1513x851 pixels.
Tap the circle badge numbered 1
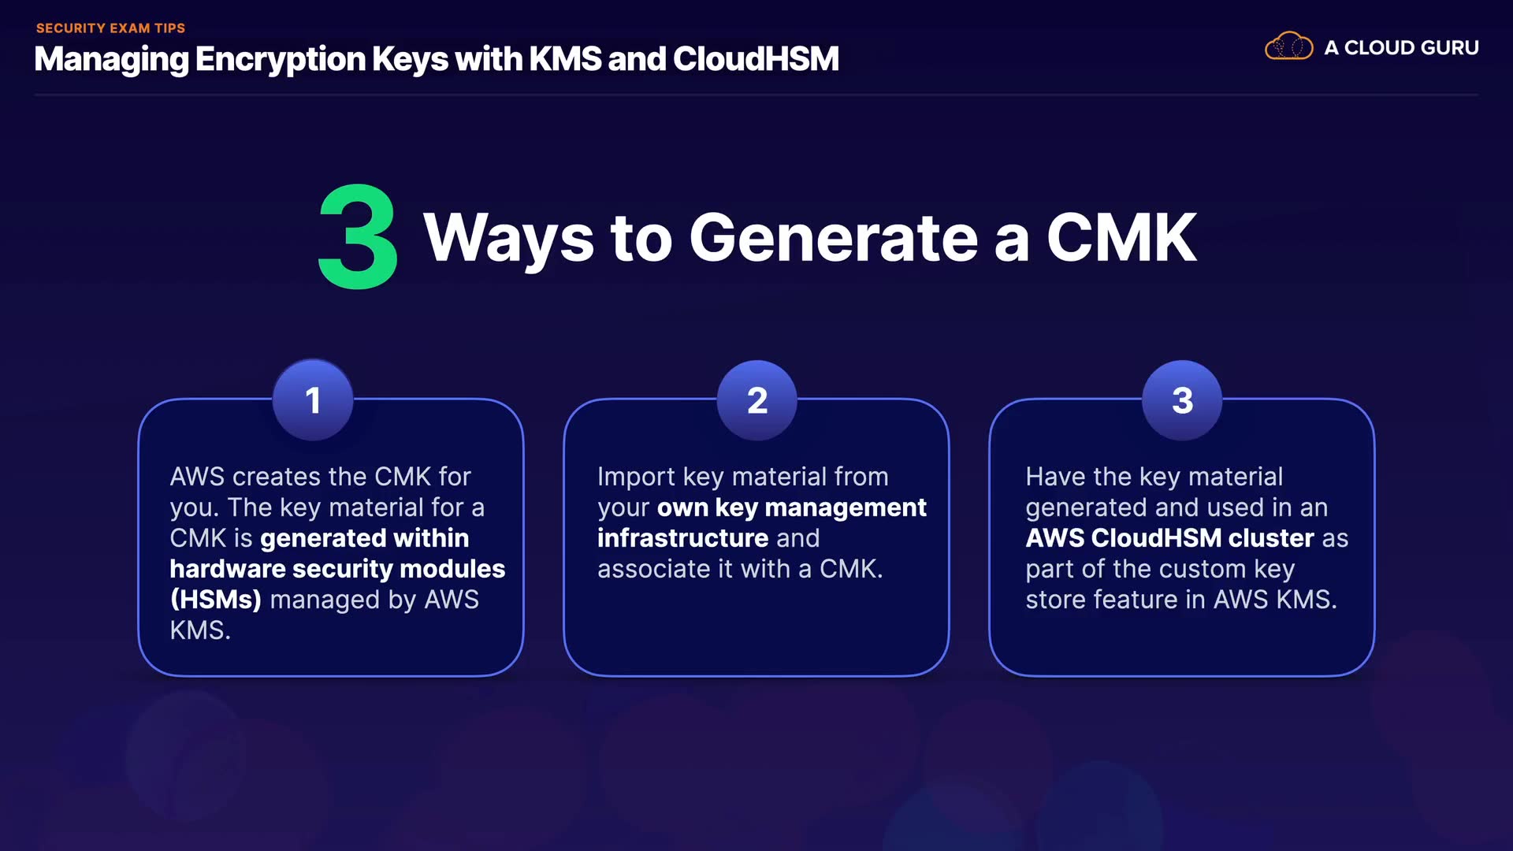[313, 399]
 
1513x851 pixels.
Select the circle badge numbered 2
[756, 399]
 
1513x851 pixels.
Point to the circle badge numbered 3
[1182, 399]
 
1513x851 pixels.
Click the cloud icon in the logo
[1288, 46]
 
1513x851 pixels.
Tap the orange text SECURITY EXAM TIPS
[110, 28]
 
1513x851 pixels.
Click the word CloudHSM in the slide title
[756, 59]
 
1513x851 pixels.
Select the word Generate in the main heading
[833, 238]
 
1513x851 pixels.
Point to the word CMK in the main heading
[1121, 238]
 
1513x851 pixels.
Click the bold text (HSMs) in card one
[215, 600]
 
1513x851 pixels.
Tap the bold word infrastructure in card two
[682, 538]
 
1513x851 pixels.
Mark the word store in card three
[1055, 600]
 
